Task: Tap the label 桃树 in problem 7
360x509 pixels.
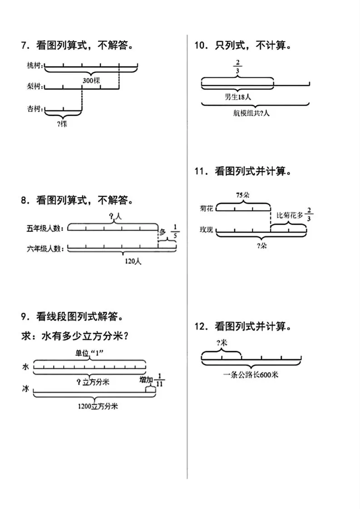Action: [x=35, y=67]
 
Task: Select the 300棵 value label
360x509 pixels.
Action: [x=91, y=80]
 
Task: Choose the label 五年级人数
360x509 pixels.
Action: [x=45, y=228]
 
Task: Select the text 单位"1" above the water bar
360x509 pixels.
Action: [x=89, y=354]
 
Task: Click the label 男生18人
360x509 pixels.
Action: [x=238, y=97]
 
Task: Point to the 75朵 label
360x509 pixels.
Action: [x=243, y=195]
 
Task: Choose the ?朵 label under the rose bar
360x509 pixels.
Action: [x=261, y=246]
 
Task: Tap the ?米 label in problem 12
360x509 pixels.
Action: [x=221, y=343]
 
